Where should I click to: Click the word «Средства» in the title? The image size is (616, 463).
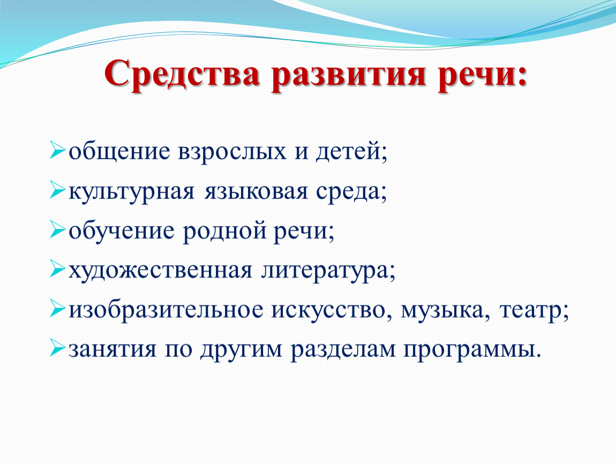click(x=182, y=73)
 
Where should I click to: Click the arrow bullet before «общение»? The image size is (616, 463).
click(x=57, y=151)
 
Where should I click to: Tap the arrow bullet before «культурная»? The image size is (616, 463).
click(x=57, y=190)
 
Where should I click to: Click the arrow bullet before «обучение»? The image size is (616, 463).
click(x=57, y=230)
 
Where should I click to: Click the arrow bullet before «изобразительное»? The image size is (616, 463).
click(x=57, y=309)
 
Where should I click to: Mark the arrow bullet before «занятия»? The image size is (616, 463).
click(x=57, y=348)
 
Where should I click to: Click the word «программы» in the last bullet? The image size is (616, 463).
click(x=469, y=350)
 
